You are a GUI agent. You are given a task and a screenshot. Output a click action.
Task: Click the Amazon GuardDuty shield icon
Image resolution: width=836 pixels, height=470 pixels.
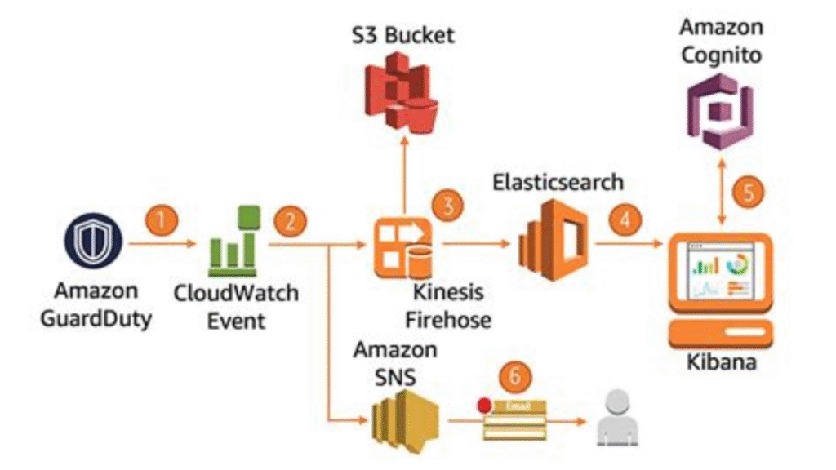[x=93, y=242]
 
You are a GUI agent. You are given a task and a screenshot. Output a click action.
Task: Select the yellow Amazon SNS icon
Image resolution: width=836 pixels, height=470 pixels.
[x=402, y=418]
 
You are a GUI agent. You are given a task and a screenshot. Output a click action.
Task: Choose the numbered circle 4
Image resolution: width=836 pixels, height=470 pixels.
[x=625, y=219]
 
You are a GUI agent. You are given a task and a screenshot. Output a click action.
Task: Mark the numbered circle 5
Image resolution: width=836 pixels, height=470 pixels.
[x=749, y=193]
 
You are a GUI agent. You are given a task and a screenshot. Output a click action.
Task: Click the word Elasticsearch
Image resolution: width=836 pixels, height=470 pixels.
[x=558, y=181]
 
